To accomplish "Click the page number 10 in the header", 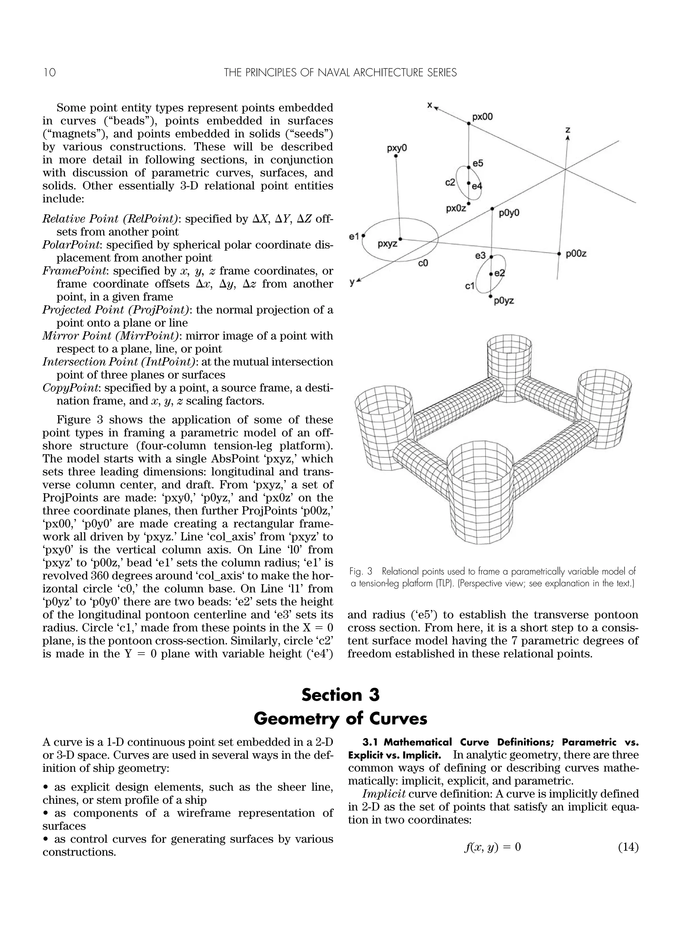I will [49, 73].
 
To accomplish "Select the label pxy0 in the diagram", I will [396, 148].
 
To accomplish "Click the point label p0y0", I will [509, 213].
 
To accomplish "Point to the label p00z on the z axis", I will [576, 254].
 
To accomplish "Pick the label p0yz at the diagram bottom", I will [504, 301].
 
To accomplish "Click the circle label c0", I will [423, 263].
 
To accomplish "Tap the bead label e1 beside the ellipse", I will [354, 236].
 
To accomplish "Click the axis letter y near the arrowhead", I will [352, 282].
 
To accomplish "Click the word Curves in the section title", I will [398, 719].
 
